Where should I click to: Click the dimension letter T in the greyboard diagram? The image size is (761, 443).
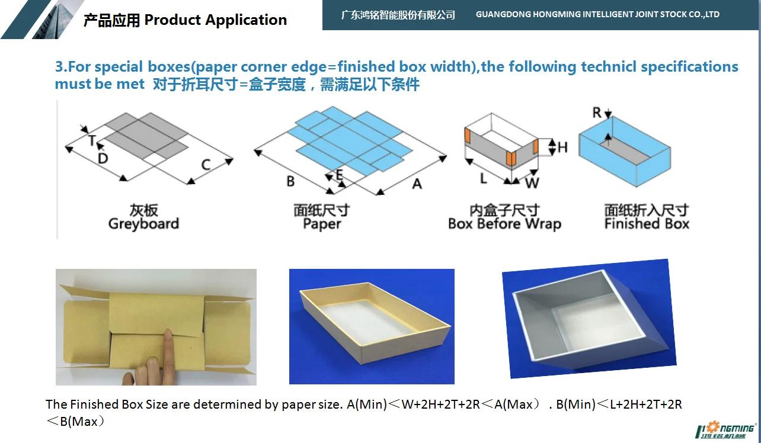[92, 140]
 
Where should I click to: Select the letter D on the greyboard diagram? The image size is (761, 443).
[103, 158]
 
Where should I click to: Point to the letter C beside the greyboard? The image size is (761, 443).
[206, 164]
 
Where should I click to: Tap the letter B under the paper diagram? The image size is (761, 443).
[290, 181]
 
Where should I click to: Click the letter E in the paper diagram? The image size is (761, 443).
[339, 174]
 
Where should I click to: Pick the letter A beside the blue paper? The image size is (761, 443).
[417, 184]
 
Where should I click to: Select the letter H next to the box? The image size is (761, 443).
[562, 146]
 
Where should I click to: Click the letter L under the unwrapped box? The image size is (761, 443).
[484, 178]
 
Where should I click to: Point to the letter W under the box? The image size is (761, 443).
[532, 183]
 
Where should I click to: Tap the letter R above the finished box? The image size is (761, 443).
[597, 113]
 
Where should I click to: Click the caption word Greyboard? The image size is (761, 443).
[143, 224]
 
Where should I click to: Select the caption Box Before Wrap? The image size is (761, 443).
[504, 224]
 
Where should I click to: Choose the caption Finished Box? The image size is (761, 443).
[647, 224]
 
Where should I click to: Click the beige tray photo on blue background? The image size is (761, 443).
[372, 326]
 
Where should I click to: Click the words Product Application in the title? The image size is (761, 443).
[216, 20]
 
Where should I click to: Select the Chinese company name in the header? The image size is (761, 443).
[398, 15]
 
